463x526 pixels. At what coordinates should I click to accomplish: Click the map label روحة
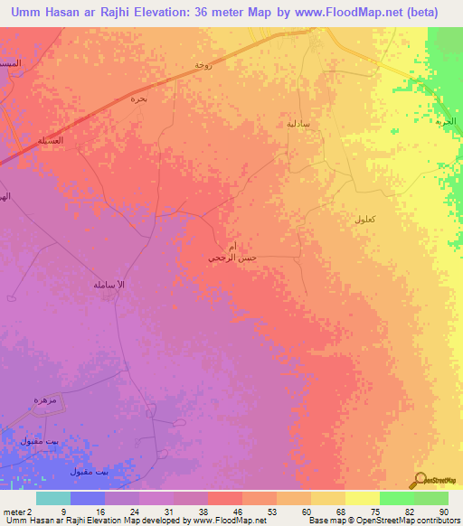click(x=203, y=65)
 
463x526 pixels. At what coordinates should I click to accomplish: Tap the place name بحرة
click(x=138, y=98)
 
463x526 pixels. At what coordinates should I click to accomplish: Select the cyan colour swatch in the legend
click(x=53, y=498)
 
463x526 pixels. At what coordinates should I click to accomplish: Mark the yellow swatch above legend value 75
click(x=363, y=498)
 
